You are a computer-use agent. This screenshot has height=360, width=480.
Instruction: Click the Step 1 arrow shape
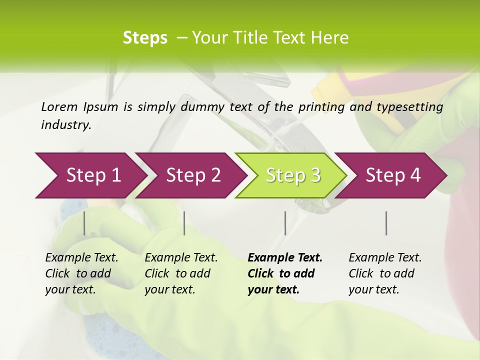coord(90,175)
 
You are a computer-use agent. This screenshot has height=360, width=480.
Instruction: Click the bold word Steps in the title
coord(145,38)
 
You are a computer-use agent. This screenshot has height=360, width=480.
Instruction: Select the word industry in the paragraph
coord(65,125)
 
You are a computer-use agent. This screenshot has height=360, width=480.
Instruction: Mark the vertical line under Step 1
coord(84,223)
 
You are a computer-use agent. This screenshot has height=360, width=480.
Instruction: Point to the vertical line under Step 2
coord(184,223)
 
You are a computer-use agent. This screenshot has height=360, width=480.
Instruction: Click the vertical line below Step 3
coord(285,223)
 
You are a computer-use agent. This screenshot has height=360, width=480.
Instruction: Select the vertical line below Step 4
coord(386,223)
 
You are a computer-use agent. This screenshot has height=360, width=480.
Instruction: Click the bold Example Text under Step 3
coord(285,258)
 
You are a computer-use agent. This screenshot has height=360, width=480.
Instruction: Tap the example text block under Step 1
coord(81,273)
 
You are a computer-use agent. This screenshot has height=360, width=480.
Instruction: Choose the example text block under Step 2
coord(181,273)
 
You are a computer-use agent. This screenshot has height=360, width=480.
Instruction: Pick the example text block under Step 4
coord(385,273)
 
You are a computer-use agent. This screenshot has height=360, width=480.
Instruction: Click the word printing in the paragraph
coord(320,106)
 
